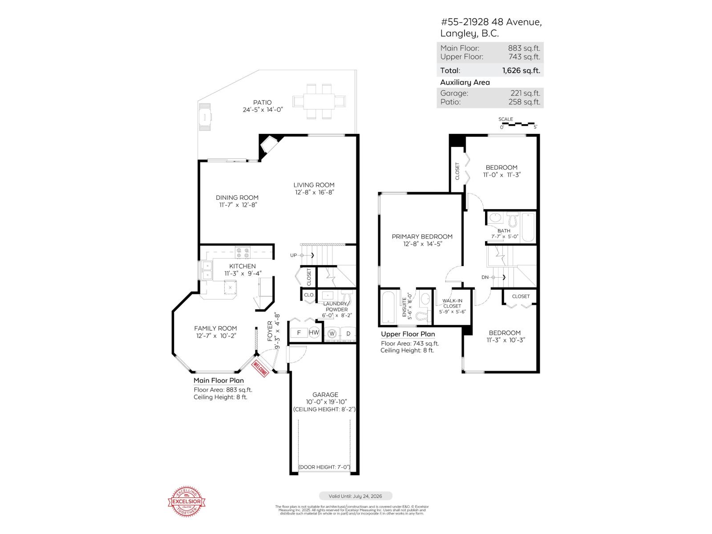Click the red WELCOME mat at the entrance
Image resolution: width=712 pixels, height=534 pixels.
coord(260,368)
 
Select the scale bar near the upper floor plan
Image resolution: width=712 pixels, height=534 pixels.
coord(518,124)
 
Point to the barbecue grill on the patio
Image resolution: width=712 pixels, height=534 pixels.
coord(205,117)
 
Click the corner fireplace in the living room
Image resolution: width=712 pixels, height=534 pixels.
coord(268,144)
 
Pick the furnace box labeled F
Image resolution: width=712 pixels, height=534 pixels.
coord(299,333)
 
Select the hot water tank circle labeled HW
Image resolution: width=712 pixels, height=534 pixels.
coord(314,332)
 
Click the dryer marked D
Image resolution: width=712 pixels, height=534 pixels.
coord(348,333)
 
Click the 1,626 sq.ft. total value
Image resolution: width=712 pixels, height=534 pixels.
coord(521,70)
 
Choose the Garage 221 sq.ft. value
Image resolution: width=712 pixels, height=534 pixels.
coord(525,93)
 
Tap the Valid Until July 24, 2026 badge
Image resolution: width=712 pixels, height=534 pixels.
coord(356,496)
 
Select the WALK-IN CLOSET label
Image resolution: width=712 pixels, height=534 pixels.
coord(452,303)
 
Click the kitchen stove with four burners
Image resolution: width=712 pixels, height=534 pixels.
coord(243,253)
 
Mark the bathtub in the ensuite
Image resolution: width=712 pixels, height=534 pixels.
coord(388,307)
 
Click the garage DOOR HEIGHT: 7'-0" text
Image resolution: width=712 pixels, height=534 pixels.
coord(324,467)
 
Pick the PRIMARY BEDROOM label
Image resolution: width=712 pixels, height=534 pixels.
coord(422,237)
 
